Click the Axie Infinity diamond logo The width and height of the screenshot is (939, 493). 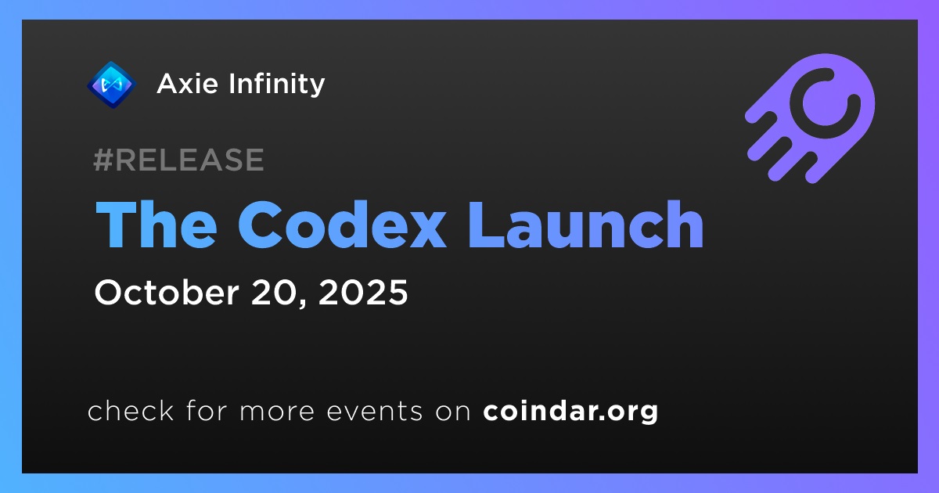[x=111, y=85]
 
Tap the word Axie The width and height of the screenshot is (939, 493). [x=187, y=84]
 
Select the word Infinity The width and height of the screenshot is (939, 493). [x=277, y=84]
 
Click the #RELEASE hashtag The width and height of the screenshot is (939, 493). [x=179, y=160]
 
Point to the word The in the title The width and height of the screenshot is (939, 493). [x=156, y=225]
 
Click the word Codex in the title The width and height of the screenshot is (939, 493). [x=342, y=225]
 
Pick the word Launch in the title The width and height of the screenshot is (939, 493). [x=585, y=225]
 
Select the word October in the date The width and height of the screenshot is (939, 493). [x=167, y=292]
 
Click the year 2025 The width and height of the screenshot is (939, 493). [x=363, y=292]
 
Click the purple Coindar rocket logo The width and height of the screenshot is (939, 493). [x=811, y=118]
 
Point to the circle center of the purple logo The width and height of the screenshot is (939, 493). [x=825, y=103]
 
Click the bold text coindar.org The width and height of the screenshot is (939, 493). [x=570, y=412]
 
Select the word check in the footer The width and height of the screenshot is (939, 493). [x=131, y=410]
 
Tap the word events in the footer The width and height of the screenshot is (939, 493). [x=375, y=412]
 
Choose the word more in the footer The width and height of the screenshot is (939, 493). [x=277, y=412]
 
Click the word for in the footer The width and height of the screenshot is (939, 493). [x=207, y=410]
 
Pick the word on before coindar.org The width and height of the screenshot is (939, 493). [x=453, y=412]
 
